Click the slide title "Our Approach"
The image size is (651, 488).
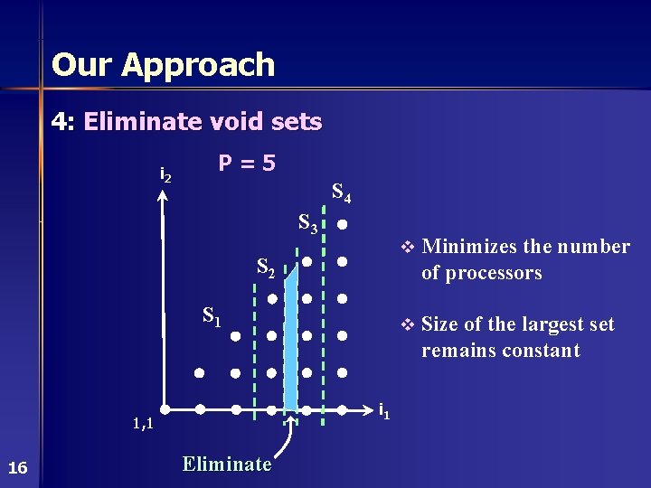163,65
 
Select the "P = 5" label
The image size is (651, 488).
247,164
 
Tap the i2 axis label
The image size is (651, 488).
165,174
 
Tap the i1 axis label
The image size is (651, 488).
383,413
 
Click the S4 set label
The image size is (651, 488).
342,192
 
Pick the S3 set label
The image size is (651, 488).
307,222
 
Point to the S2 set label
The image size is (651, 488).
266,267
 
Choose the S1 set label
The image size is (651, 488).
212,316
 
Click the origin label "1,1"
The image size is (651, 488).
142,423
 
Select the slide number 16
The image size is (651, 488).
17,467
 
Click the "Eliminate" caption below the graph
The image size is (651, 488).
226,465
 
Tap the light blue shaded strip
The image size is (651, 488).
290,343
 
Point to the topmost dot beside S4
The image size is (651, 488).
343,224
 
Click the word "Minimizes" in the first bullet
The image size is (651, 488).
462,247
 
